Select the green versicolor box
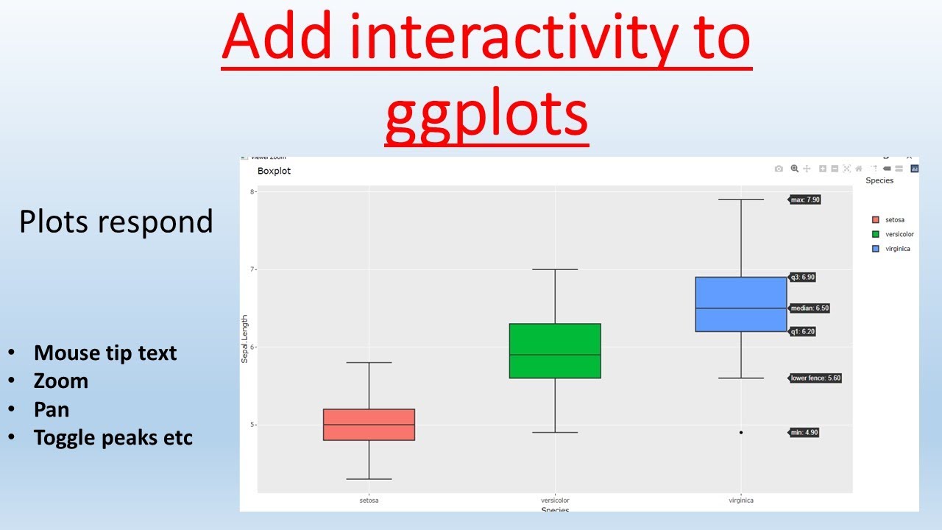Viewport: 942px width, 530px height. tap(555, 351)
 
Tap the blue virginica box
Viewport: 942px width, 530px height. tap(741, 304)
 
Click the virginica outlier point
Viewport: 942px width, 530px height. tap(741, 433)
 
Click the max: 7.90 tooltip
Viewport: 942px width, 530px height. tap(805, 199)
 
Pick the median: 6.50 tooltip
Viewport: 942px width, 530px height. tap(810, 308)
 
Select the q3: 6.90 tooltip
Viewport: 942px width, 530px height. tap(803, 278)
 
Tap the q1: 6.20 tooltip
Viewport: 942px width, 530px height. tap(803, 332)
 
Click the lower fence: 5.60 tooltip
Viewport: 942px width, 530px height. tap(815, 378)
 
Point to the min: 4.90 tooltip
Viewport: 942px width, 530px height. tap(804, 433)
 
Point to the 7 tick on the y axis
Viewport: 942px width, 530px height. tap(252, 269)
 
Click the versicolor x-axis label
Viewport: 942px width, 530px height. tap(555, 501)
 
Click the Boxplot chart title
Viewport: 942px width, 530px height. tap(274, 171)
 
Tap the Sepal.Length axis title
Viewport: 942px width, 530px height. tap(245, 339)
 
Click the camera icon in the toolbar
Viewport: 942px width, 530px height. tap(779, 169)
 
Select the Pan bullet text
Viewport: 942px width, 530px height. tap(52, 409)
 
